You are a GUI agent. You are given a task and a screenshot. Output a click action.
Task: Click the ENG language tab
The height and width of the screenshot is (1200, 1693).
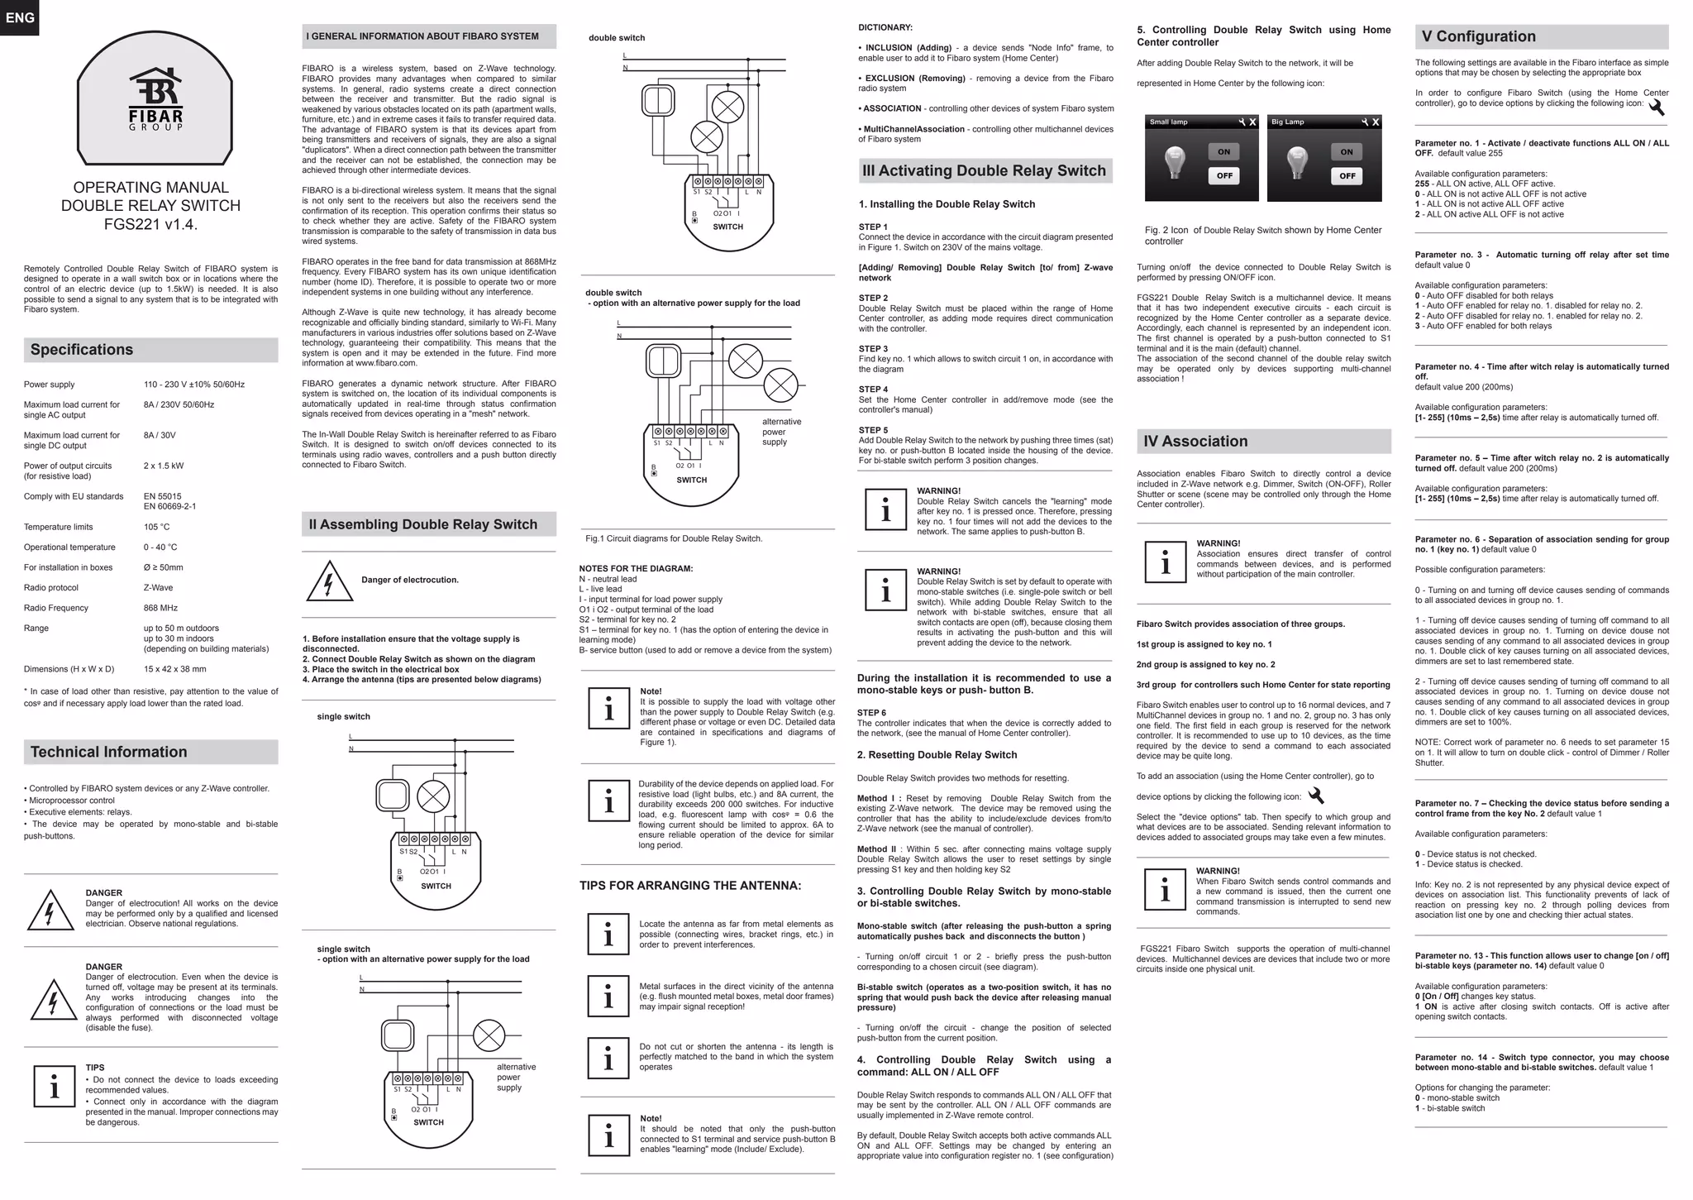pyautogui.click(x=20, y=17)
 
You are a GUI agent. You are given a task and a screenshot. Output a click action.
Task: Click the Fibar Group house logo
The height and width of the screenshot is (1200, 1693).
pyautogui.click(x=155, y=98)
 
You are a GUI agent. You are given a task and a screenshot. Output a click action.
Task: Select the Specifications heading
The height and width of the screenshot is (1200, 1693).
pyautogui.click(x=82, y=350)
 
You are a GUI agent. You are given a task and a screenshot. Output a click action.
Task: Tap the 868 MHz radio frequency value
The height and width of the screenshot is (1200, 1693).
pyautogui.click(x=160, y=608)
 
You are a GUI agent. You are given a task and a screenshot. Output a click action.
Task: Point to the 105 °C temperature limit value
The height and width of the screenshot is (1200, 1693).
pyautogui.click(x=156, y=527)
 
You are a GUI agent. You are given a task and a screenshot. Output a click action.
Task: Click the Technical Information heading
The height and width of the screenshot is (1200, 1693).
pyautogui.click(x=108, y=752)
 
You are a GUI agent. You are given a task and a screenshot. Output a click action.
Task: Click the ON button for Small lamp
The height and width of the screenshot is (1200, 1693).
pyautogui.click(x=1223, y=151)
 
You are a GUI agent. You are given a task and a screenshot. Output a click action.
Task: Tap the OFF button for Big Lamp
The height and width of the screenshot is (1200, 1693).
pyautogui.click(x=1347, y=175)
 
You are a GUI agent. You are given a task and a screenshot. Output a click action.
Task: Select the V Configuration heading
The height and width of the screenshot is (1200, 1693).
pyautogui.click(x=1478, y=36)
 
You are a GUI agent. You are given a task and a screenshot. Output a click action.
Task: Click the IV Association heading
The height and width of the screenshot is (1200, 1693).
pyautogui.click(x=1195, y=442)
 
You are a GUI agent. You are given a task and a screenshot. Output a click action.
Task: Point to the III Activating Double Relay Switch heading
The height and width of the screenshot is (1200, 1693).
pyautogui.click(x=984, y=171)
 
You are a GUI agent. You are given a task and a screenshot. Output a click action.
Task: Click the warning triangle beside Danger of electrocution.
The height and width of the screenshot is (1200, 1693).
pyautogui.click(x=330, y=581)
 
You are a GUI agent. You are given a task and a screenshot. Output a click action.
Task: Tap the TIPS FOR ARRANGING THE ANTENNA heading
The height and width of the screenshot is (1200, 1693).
pyautogui.click(x=690, y=886)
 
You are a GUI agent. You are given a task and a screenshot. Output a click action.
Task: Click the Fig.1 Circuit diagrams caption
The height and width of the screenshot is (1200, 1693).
pyautogui.click(x=674, y=538)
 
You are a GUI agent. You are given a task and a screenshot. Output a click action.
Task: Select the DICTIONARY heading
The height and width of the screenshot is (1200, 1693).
pyautogui.click(x=885, y=27)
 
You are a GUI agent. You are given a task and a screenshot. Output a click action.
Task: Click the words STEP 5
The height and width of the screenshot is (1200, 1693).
pyautogui.click(x=873, y=430)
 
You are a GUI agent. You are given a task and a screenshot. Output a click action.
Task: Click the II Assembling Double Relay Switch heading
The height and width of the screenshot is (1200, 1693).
pyautogui.click(x=422, y=524)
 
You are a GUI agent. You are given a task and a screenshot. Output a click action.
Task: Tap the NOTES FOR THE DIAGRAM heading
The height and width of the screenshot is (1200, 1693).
pyautogui.click(x=636, y=568)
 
